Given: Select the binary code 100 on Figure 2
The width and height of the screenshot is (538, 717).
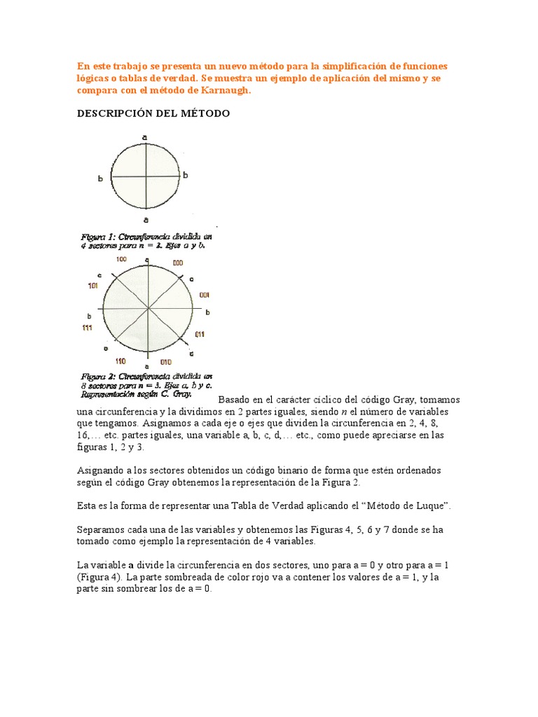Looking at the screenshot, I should (x=121, y=260).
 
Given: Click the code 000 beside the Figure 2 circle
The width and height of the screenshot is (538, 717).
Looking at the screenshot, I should (x=177, y=263).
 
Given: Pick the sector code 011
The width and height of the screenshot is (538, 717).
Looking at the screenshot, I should (x=200, y=335).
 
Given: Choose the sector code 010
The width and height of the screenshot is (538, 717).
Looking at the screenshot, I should (x=165, y=362).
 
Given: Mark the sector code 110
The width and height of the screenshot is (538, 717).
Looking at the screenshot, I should (x=120, y=361).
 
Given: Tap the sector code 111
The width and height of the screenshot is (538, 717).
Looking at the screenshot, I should (x=86, y=328).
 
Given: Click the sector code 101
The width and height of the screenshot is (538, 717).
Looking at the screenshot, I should (x=92, y=286).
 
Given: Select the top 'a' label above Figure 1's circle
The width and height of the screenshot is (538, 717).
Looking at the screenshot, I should (x=145, y=138).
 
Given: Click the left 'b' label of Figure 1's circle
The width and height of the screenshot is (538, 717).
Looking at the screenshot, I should (x=101, y=179).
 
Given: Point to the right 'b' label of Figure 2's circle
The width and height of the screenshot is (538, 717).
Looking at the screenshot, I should (x=207, y=312).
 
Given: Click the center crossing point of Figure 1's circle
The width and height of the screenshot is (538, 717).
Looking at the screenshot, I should (x=145, y=176).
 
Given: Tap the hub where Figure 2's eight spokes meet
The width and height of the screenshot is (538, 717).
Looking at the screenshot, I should (x=148, y=308).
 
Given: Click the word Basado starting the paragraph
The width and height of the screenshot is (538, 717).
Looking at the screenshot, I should (x=237, y=400).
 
